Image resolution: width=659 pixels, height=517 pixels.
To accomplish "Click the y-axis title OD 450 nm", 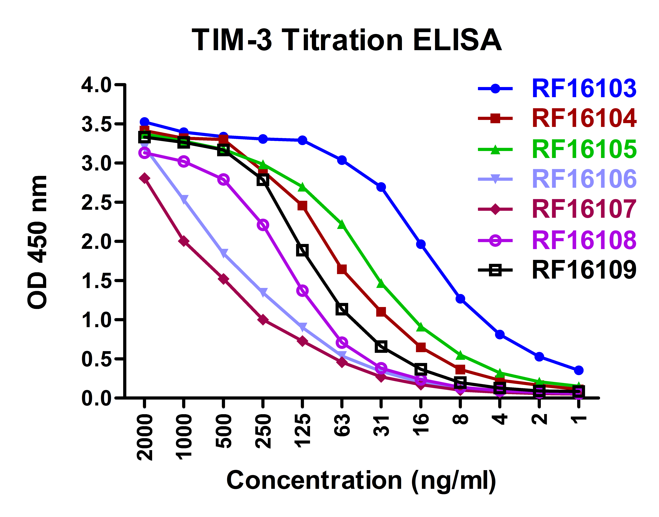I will point(38,242).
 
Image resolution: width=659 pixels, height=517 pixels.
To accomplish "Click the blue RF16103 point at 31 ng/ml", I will point(381,187).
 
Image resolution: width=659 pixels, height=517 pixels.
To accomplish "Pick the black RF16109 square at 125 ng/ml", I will point(302,250).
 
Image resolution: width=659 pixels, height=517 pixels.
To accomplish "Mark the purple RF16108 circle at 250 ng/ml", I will point(263,225).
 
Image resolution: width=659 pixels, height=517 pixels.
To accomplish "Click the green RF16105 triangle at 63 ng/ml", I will point(342,225).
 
